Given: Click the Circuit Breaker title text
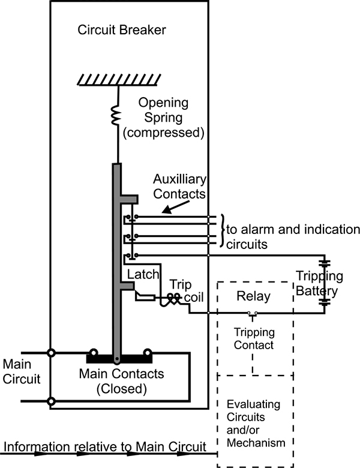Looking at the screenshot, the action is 121,30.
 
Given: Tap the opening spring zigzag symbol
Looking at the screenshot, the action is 116,115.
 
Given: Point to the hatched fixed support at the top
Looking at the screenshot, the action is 119,79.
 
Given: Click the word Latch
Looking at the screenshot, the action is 143,274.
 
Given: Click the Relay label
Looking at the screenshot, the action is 253,296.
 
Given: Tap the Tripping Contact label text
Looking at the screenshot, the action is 254,338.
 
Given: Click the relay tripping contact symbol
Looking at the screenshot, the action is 253,314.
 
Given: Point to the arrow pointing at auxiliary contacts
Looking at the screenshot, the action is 176,207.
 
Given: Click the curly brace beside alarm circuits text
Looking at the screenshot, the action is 222,230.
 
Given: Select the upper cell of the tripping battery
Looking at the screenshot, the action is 324,263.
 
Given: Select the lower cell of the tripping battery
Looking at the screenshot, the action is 324,302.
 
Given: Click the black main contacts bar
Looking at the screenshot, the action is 119,358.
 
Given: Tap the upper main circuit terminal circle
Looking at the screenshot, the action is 52,353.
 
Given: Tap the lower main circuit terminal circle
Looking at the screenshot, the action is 52,401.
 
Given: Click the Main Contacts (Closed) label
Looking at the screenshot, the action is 121,381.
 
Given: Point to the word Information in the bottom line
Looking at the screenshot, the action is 37,447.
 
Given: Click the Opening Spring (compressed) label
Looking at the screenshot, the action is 164,117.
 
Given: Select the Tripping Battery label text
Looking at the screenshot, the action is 319,283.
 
